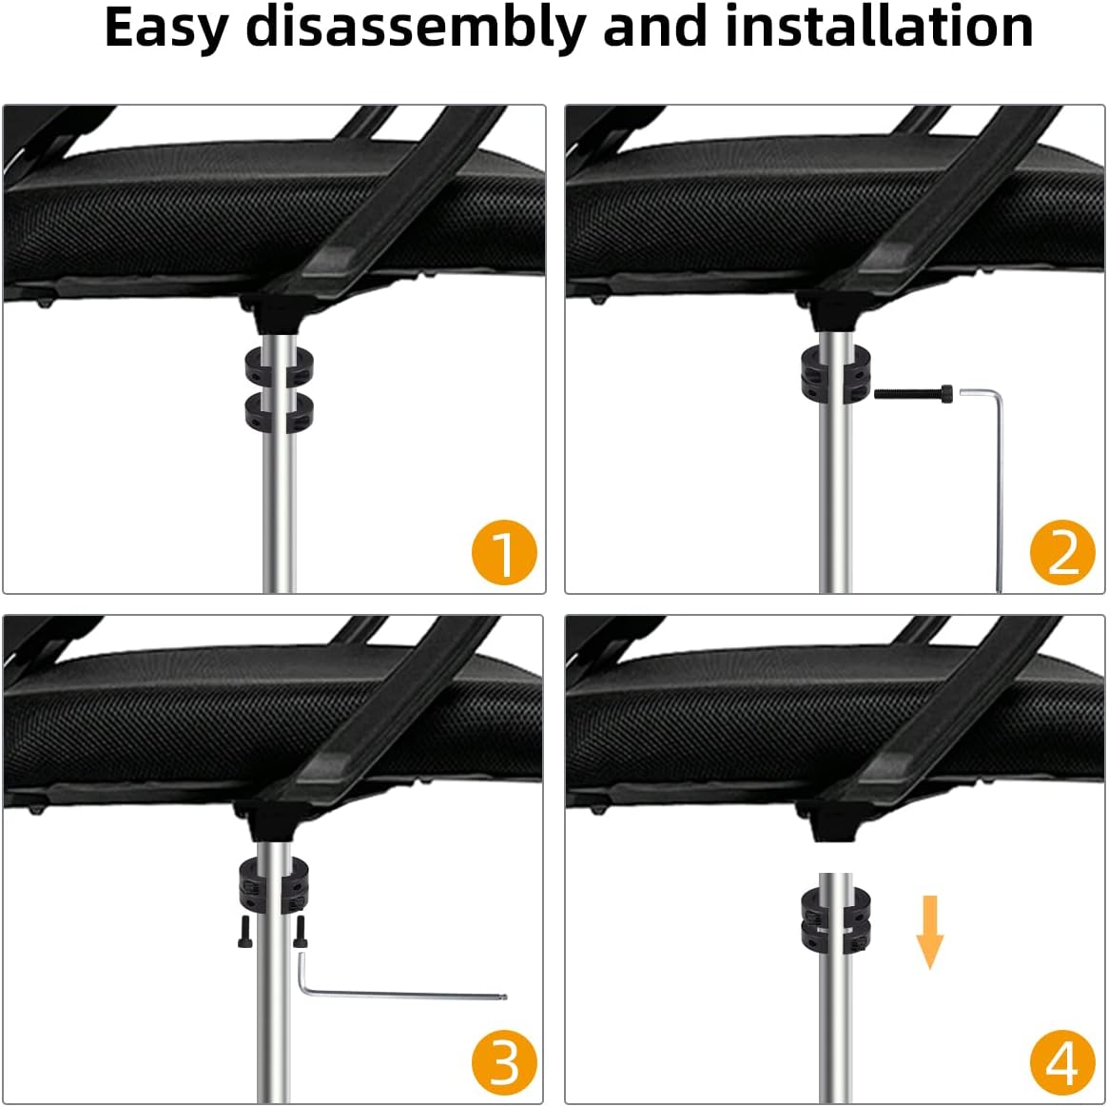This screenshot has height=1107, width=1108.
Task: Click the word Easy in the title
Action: point(165,29)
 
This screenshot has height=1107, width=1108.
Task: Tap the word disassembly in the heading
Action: point(416,29)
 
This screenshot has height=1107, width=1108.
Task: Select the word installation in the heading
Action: point(879,27)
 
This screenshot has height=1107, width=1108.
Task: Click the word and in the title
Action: point(655,27)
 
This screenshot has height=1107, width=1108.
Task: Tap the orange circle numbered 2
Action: point(1062,552)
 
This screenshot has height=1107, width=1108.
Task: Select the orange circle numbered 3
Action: point(504,1062)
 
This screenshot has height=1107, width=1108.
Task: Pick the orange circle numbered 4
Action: point(1062,1062)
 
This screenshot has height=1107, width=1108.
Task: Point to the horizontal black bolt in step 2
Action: point(914,391)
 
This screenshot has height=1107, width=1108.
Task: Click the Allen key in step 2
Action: point(994,476)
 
